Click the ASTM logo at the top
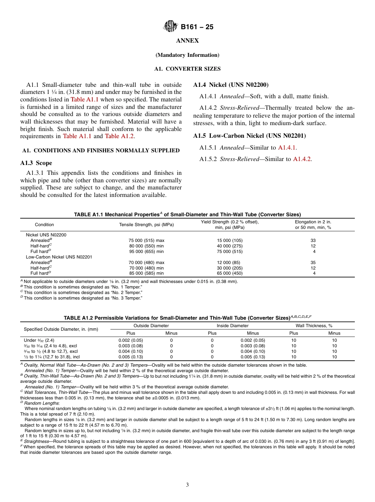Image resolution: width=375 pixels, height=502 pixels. (171, 26)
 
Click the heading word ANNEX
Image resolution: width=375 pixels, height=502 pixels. (187, 41)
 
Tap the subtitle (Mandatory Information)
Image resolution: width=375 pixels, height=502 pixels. (187, 55)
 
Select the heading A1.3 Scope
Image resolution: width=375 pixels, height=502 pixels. (36, 163)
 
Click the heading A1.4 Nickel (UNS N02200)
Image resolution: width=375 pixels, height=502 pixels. (231, 84)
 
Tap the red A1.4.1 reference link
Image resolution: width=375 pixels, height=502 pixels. (287, 148)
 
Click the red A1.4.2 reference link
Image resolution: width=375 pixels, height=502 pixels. (302, 159)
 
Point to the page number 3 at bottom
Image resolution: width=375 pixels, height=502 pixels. (187, 485)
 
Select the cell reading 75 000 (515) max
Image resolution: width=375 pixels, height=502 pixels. (146, 240)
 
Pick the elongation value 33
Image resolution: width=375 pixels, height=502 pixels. (313, 240)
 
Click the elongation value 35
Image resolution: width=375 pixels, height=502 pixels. (313, 262)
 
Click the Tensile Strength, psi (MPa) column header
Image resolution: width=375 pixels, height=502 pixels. (146, 225)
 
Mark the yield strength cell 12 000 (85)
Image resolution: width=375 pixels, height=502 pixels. (230, 262)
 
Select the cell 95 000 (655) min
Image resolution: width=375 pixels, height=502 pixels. (146, 251)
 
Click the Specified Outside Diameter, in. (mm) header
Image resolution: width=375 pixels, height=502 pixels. (61, 329)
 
